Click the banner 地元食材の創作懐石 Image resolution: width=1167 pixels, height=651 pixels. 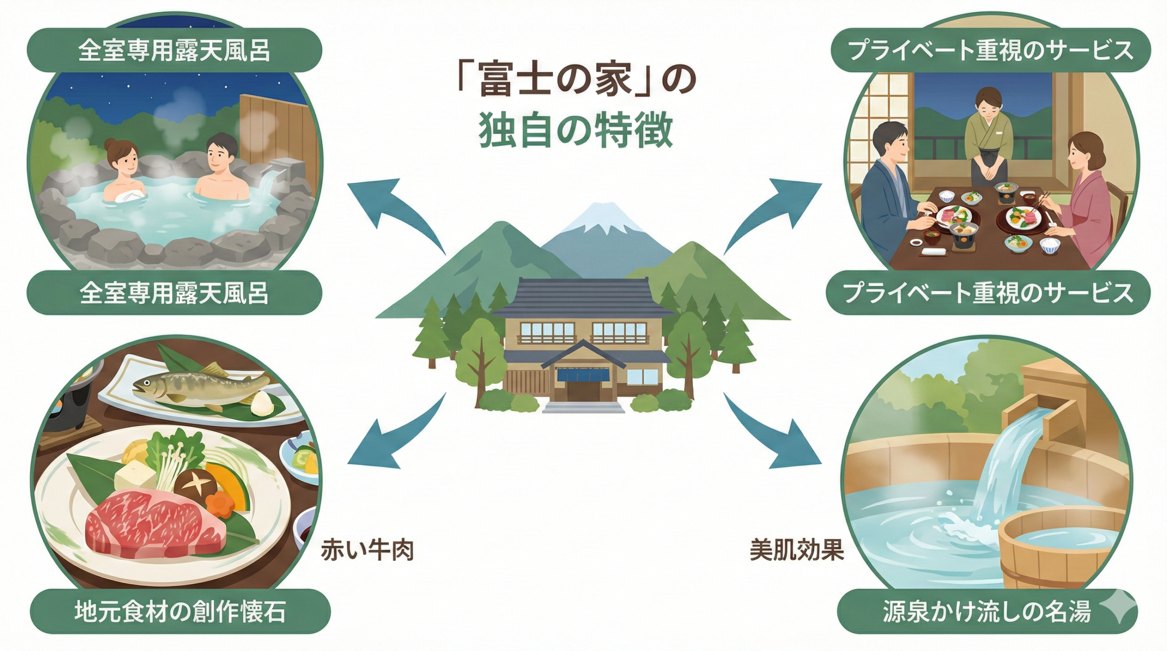(180, 612)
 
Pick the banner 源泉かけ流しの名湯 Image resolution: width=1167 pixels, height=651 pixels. (987, 612)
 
